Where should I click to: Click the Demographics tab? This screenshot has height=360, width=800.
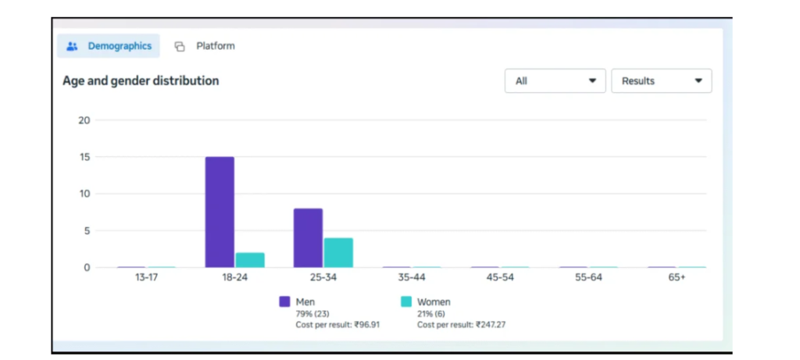(x=109, y=46)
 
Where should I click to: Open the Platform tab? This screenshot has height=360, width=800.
(x=205, y=46)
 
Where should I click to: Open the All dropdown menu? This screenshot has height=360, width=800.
(x=555, y=81)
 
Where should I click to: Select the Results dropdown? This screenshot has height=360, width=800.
(x=661, y=81)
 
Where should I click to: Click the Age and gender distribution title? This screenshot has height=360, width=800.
(x=141, y=81)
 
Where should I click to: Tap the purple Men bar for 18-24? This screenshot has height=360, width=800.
(x=220, y=212)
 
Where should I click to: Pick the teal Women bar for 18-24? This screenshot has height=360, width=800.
(x=250, y=260)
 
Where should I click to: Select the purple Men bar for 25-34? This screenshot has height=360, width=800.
(x=308, y=237)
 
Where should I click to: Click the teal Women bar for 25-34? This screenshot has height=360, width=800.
(x=338, y=252)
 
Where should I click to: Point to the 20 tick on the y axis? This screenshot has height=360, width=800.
(x=84, y=120)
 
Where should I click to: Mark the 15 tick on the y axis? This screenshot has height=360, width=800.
(x=84, y=157)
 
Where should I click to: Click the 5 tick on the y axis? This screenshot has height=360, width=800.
(x=87, y=230)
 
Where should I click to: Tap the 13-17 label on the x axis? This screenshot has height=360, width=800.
(x=146, y=278)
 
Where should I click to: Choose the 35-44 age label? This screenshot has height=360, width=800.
(x=411, y=278)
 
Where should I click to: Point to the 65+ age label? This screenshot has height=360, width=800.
(x=677, y=278)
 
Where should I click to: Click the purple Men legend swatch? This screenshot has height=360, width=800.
(x=284, y=301)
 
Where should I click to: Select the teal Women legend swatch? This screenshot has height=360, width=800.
(x=405, y=301)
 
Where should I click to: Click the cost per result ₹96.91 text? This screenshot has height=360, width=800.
(x=337, y=325)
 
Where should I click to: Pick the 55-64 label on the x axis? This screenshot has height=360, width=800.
(x=588, y=278)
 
